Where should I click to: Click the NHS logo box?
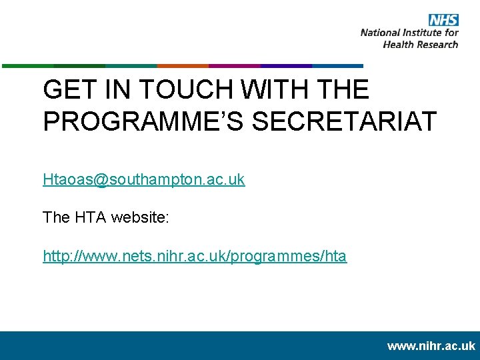[443, 19]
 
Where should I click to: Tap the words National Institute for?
[409, 32]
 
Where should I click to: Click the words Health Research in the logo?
[421, 44]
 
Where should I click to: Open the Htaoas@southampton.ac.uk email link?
[143, 179]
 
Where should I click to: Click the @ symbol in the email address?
[99, 180]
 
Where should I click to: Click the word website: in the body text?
[143, 217]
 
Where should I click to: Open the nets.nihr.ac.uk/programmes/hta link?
[195, 256]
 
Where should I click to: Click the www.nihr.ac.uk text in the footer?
[431, 346]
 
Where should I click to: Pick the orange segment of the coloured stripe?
[183, 66]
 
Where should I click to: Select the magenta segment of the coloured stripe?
[234, 66]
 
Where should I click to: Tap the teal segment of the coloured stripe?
[131, 66]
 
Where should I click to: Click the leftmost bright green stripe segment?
[27, 66]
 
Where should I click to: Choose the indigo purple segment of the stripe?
[286, 66]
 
